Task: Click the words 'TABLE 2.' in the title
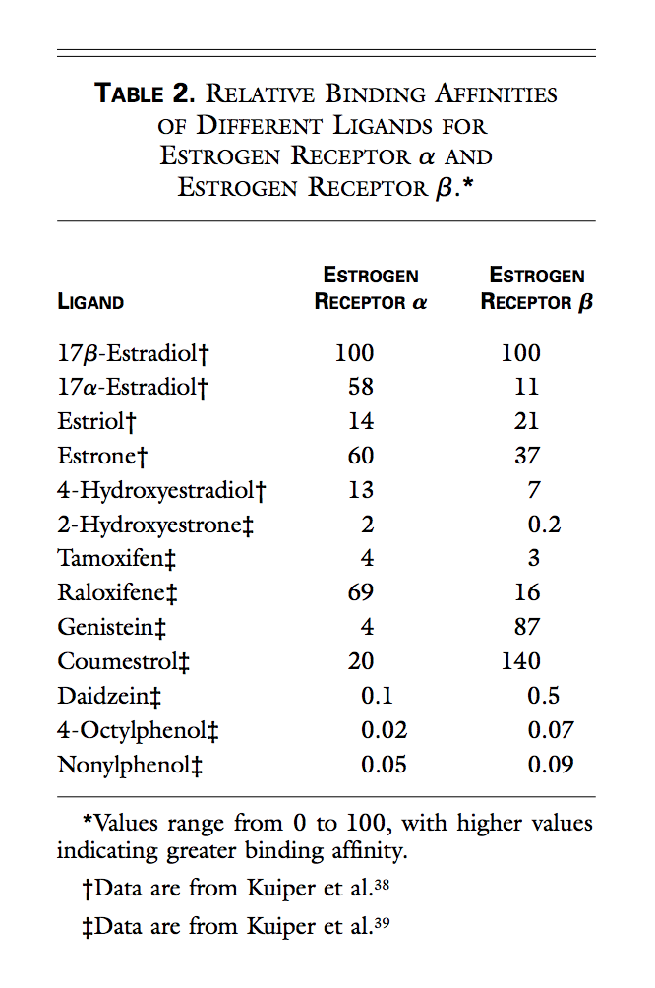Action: click(145, 95)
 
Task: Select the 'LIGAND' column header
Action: click(90, 302)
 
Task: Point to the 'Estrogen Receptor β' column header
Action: click(537, 288)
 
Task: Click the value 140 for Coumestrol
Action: click(521, 661)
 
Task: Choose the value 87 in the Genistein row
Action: click(526, 627)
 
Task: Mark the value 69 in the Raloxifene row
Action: click(361, 592)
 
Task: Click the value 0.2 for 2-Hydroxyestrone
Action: click(544, 524)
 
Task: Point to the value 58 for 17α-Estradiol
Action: click(361, 387)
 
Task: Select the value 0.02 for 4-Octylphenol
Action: click(385, 729)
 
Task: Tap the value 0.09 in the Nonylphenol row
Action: click(551, 764)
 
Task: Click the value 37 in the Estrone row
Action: click(526, 456)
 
